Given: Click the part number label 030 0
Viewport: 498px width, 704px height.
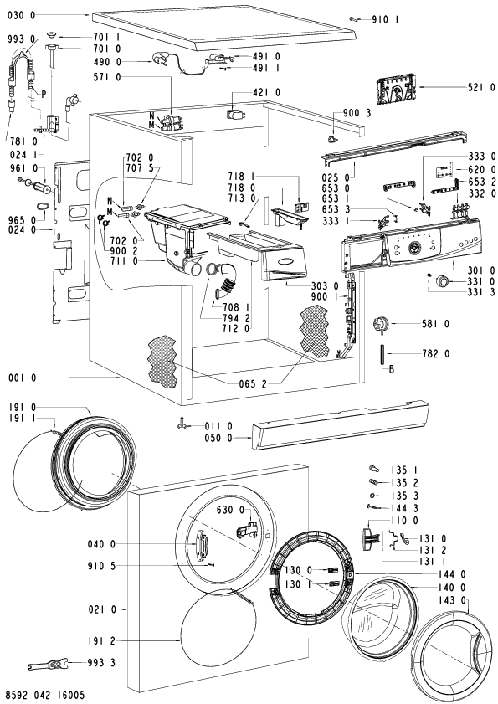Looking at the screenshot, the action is click(21, 15).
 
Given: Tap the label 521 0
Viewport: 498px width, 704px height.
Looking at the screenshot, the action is click(481, 88).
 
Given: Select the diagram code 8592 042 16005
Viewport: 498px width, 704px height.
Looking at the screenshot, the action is click(45, 696).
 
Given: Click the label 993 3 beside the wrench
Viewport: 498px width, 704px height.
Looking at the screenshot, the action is click(102, 663).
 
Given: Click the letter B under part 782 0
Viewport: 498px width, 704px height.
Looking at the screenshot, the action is click(391, 369).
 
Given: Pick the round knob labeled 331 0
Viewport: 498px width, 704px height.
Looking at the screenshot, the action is click(442, 281).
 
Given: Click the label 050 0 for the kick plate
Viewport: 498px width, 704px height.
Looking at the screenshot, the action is click(218, 438).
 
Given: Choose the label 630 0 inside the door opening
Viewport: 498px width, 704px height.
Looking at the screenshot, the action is click(230, 510).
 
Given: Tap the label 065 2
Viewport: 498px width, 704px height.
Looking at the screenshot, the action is click(254, 383).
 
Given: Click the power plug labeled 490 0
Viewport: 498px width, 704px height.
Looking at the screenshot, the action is click(160, 59).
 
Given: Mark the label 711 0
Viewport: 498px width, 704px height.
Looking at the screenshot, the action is click(125, 261).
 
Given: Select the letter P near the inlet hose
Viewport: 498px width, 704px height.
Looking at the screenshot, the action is click(44, 95).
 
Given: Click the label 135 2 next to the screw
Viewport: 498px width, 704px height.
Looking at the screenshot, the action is click(404, 483).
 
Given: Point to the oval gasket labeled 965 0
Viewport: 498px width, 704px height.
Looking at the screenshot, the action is click(42, 207).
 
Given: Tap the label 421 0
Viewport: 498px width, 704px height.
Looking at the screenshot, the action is click(266, 92).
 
